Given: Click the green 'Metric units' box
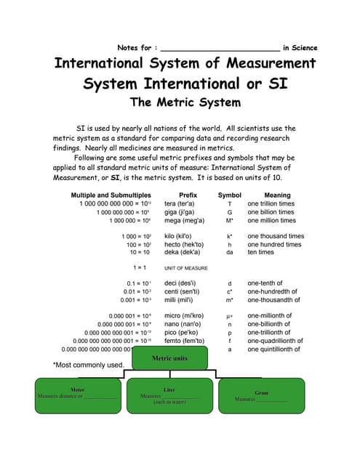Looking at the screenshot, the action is (x=169, y=358).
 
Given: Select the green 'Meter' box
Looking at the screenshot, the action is (x=76, y=395).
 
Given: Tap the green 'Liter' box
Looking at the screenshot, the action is (x=169, y=395).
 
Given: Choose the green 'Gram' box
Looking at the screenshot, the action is (x=261, y=395).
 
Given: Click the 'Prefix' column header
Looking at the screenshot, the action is (x=188, y=195).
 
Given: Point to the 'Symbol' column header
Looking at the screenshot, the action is (x=230, y=195).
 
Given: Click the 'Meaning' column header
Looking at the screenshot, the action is (x=277, y=195).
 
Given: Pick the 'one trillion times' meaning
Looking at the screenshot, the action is (x=271, y=204).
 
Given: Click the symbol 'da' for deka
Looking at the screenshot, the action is (x=230, y=252).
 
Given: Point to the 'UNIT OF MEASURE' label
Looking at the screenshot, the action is (x=186, y=268).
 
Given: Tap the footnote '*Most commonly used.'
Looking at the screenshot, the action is (x=88, y=365).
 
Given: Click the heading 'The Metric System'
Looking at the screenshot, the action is (x=185, y=102).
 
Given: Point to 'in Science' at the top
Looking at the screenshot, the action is (x=300, y=48).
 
